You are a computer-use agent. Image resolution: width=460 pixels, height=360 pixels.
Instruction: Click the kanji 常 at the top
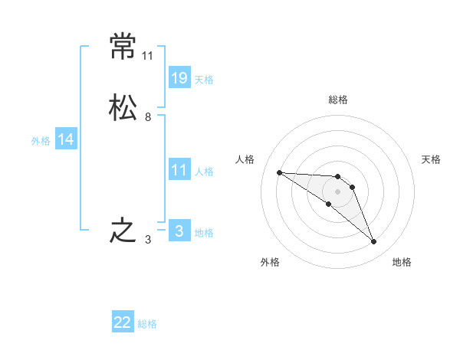(x=123, y=47)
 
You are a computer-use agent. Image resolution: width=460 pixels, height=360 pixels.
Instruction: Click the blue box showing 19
(x=179, y=77)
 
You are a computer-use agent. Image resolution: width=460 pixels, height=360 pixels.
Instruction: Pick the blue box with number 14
(x=66, y=139)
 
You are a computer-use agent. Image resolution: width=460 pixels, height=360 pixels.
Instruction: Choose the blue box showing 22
(x=123, y=322)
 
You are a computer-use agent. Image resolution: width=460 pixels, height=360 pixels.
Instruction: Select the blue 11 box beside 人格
(x=179, y=170)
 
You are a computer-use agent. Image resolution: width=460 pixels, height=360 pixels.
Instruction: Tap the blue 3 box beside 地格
(x=179, y=231)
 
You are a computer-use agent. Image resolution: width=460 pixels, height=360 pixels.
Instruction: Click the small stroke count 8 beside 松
(x=148, y=117)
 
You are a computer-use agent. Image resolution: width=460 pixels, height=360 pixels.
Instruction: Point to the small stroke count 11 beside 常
(x=148, y=56)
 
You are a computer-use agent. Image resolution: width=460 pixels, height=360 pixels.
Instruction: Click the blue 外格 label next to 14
(x=41, y=140)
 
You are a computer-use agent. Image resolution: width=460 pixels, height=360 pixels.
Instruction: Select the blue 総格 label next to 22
(x=147, y=324)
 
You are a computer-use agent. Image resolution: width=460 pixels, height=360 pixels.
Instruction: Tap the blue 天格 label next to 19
(x=204, y=79)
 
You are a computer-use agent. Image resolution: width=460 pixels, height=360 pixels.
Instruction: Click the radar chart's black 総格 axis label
(x=338, y=100)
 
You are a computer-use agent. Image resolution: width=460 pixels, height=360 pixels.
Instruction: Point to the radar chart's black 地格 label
(x=402, y=263)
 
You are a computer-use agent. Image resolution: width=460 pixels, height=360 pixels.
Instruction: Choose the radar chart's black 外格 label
(x=270, y=263)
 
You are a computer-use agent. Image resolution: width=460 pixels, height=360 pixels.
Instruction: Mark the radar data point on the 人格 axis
(x=279, y=172)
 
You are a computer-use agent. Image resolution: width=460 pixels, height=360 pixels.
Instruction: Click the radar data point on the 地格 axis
(x=373, y=242)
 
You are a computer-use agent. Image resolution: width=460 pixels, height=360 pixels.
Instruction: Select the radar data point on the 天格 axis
(x=352, y=187)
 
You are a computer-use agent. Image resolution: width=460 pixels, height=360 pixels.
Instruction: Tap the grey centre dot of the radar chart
(x=337, y=191)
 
